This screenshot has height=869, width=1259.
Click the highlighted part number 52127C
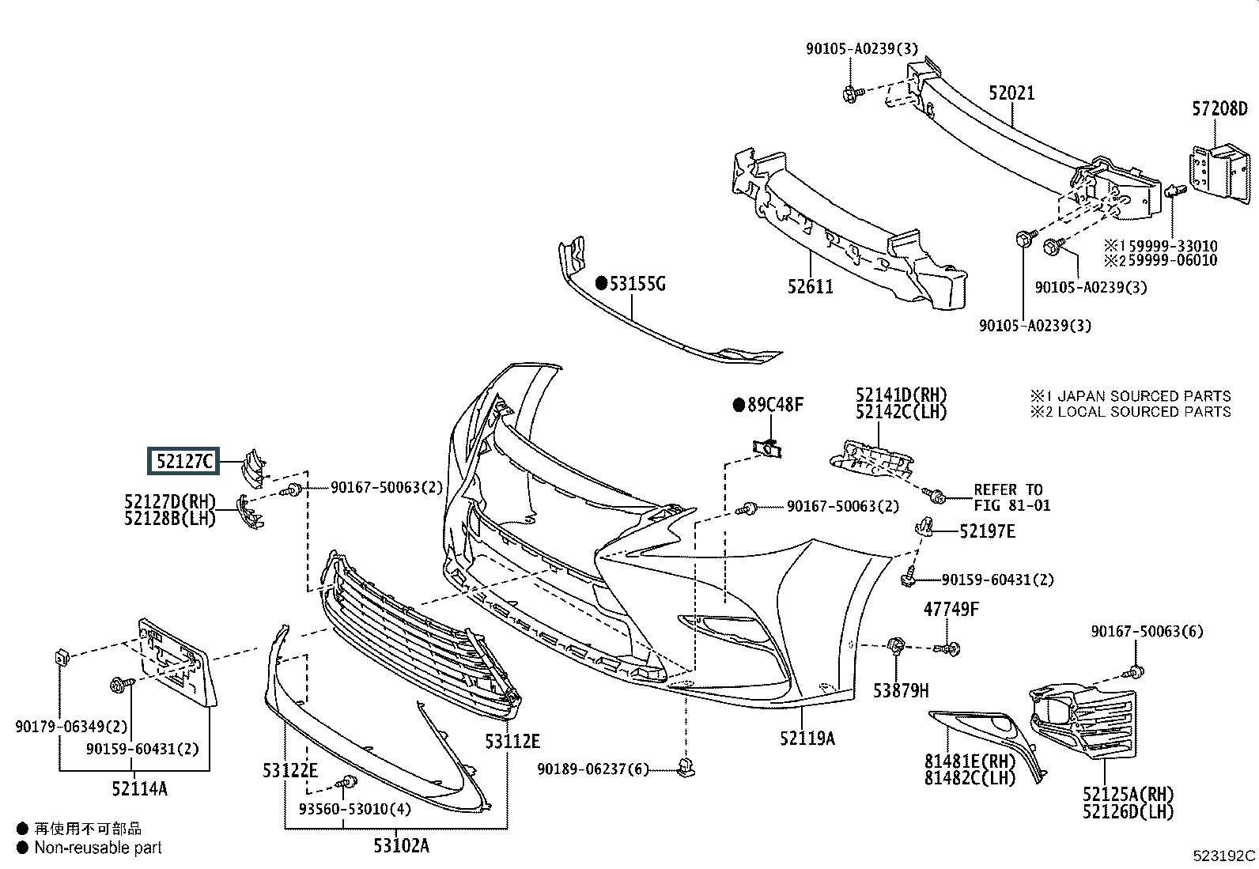[x=183, y=462]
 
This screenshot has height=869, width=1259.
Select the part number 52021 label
[x=1011, y=93]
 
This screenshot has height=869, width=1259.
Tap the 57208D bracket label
[x=1219, y=108]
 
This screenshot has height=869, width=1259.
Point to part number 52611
[x=810, y=287]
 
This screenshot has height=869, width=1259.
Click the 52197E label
[x=987, y=531]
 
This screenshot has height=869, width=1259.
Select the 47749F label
[x=951, y=609]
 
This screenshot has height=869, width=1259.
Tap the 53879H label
[x=901, y=690]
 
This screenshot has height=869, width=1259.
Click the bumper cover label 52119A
[x=807, y=738]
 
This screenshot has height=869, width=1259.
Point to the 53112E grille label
[x=512, y=742]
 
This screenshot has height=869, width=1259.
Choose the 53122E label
[x=290, y=770]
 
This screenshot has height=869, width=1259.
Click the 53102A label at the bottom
[x=401, y=845]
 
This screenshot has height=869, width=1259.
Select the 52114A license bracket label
[x=139, y=789]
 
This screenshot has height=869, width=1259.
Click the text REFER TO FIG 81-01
[x=1011, y=497]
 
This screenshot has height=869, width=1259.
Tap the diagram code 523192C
[x=1224, y=856]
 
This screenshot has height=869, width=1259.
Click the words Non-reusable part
[x=98, y=848]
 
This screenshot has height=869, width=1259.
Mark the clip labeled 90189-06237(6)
[x=686, y=768]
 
